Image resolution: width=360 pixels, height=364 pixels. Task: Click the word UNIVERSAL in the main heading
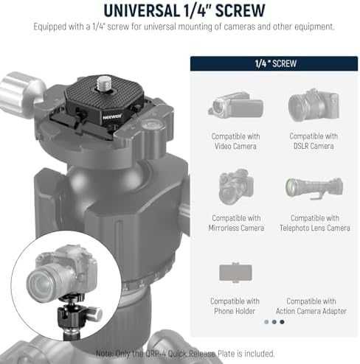142,10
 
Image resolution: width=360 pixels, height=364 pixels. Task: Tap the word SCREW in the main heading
240,10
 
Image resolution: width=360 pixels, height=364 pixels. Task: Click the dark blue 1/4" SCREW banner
274,63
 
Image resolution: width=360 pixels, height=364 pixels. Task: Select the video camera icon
235,105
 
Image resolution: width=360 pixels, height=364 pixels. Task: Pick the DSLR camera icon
314,105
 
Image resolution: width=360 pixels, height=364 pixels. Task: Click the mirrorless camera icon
236,186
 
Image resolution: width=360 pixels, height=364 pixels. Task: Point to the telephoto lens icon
314,188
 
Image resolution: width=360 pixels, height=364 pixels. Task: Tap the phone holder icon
235,272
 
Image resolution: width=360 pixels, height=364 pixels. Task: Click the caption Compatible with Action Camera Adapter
311,306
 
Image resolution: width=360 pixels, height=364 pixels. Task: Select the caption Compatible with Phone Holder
235,306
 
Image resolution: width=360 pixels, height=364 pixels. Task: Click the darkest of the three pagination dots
282,322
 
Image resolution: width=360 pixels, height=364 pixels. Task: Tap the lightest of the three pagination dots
266,322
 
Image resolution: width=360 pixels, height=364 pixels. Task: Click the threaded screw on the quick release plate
104,83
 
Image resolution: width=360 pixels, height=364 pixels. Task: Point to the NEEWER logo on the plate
112,116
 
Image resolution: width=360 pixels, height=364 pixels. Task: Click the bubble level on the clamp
152,126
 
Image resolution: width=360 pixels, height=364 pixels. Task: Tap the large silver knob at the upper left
21,94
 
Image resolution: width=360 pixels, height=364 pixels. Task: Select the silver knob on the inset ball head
94,314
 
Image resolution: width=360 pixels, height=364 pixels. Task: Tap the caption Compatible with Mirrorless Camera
236,223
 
